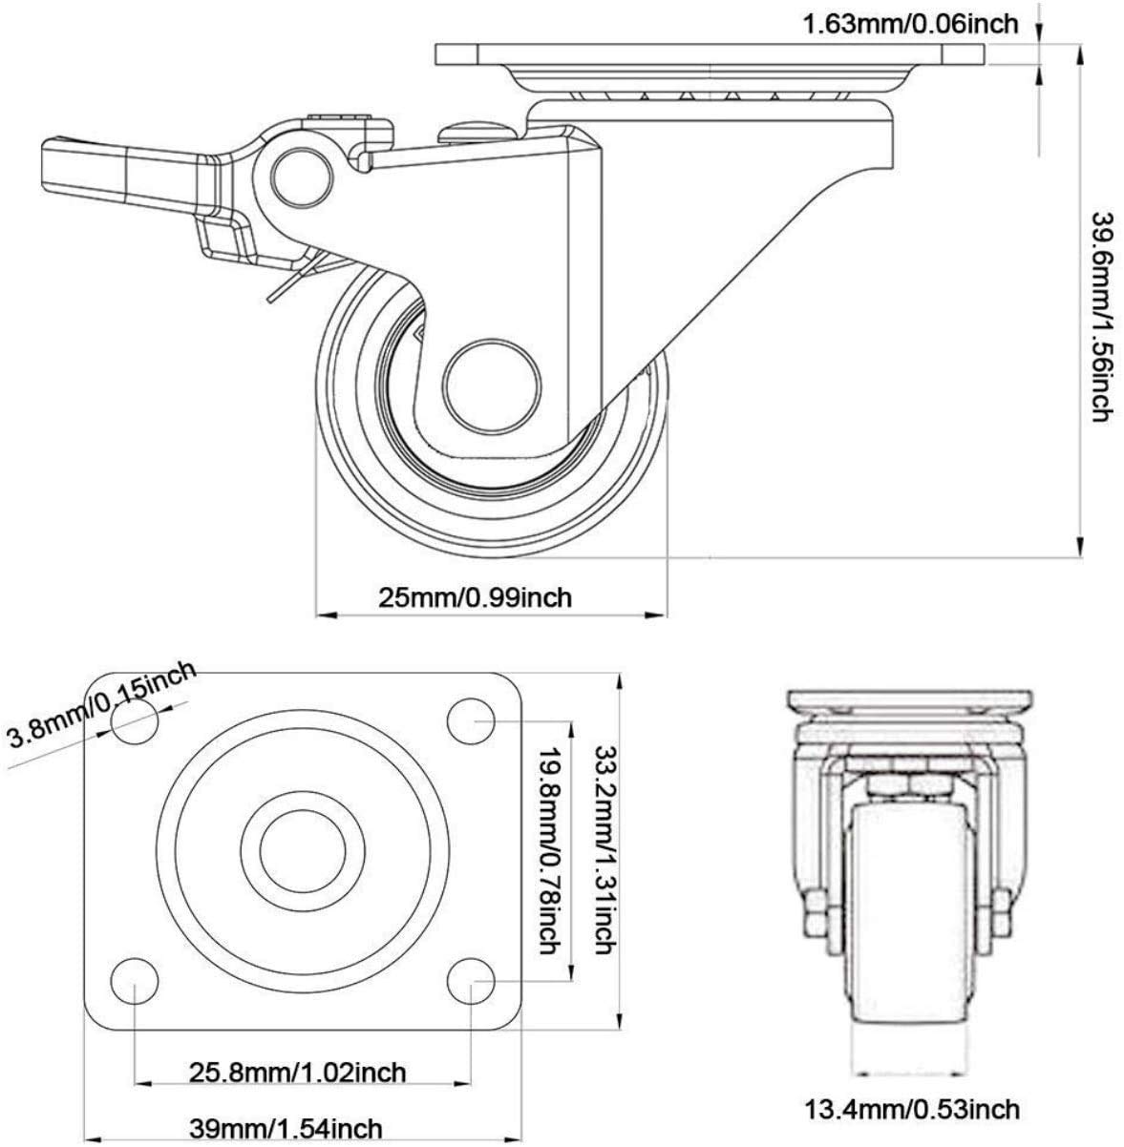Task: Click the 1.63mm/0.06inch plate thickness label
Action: [910, 25]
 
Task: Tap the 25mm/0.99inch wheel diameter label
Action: [475, 596]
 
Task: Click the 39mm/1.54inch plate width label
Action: [286, 1127]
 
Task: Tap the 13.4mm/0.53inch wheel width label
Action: [912, 1110]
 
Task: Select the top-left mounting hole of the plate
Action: [136, 720]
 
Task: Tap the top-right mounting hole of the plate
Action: [471, 720]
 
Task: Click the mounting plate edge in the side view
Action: [710, 54]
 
